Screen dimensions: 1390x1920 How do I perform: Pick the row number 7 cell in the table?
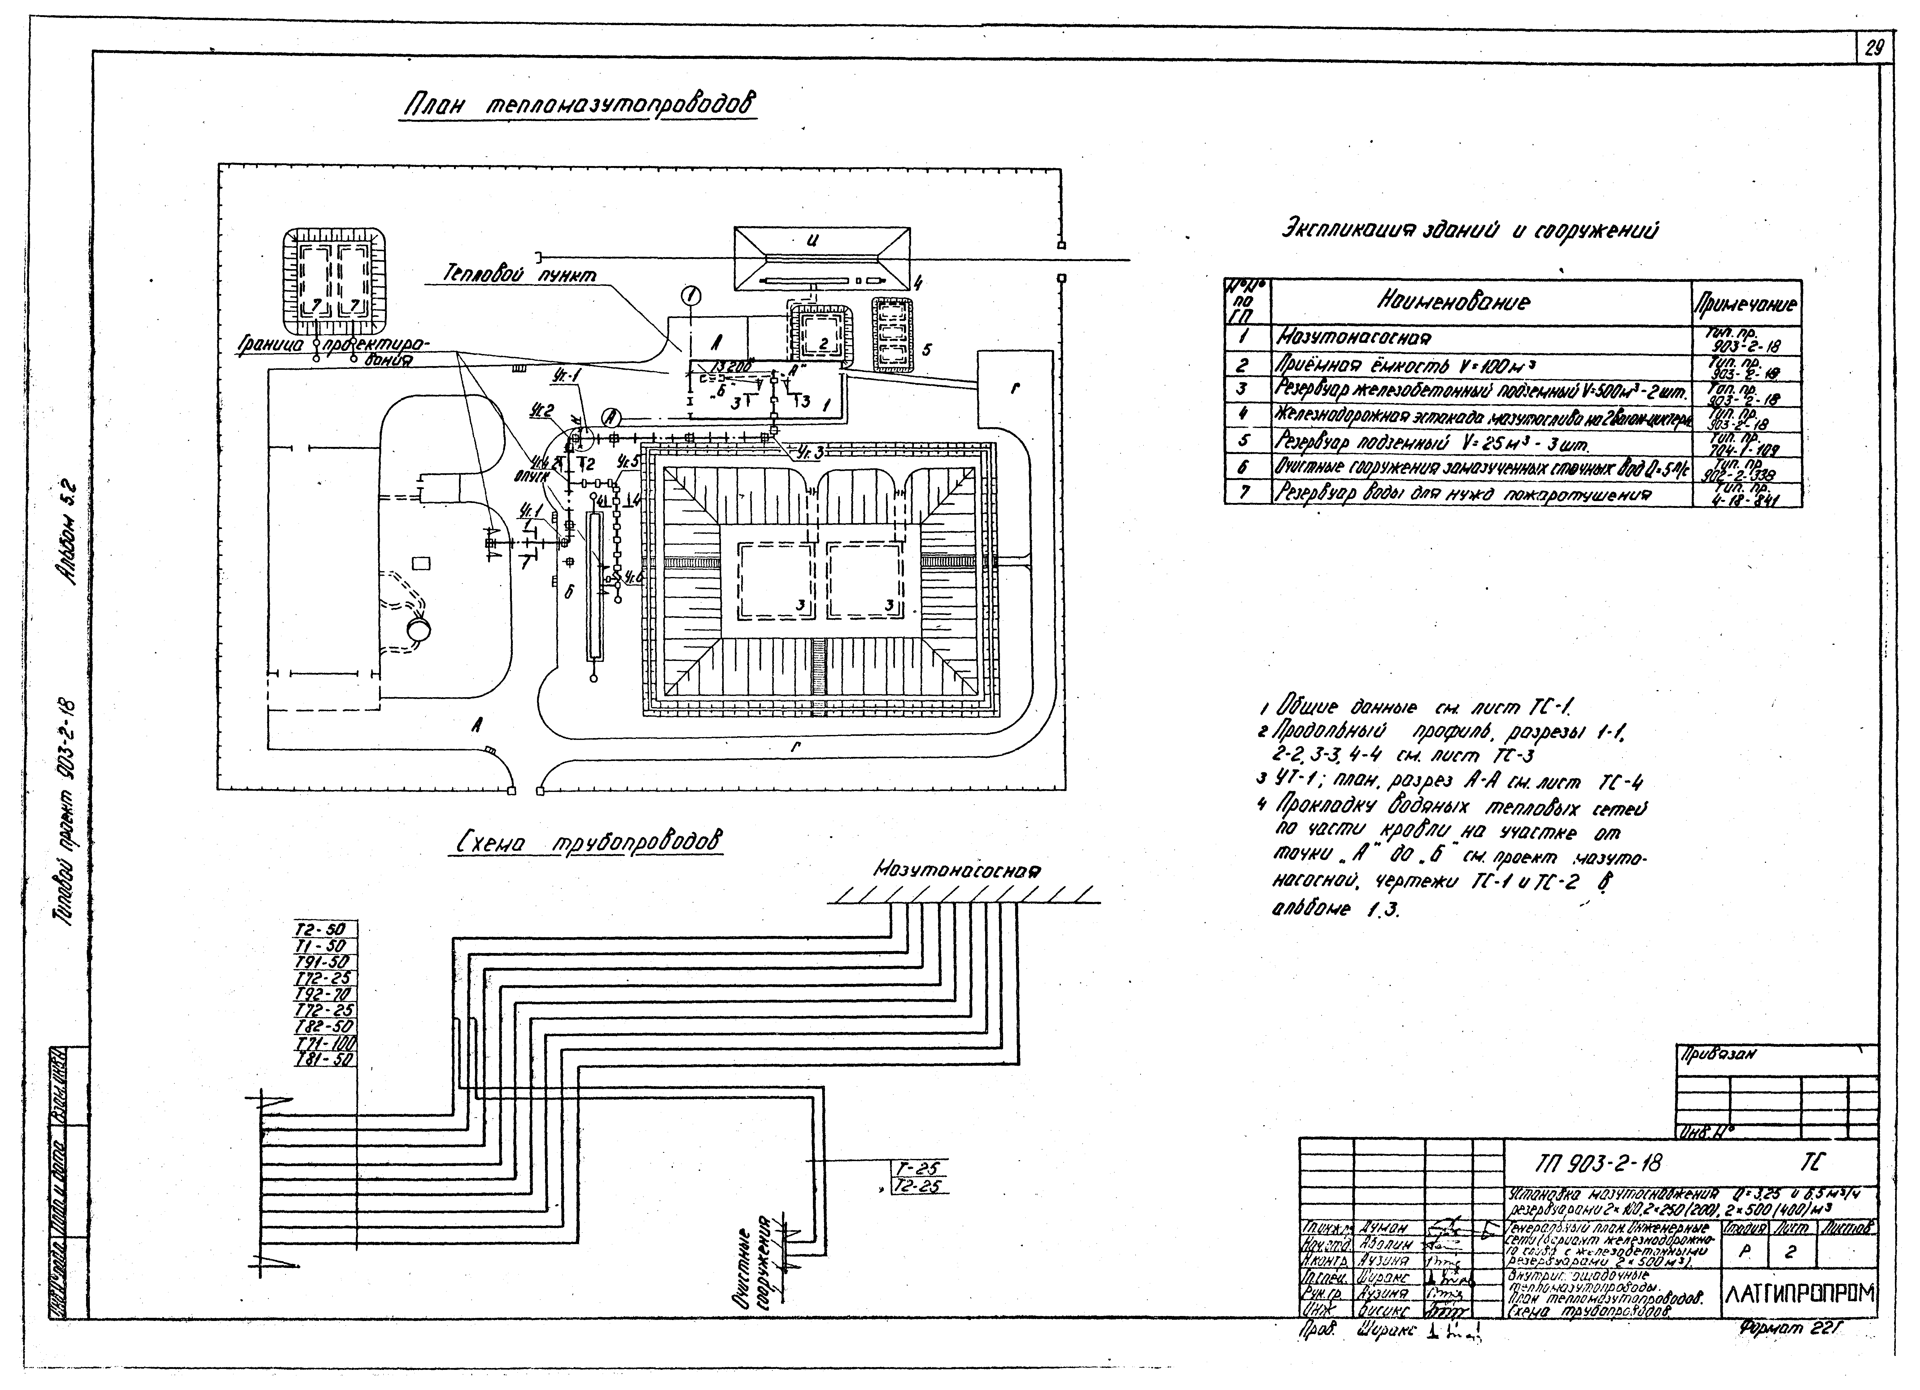(1245, 492)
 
